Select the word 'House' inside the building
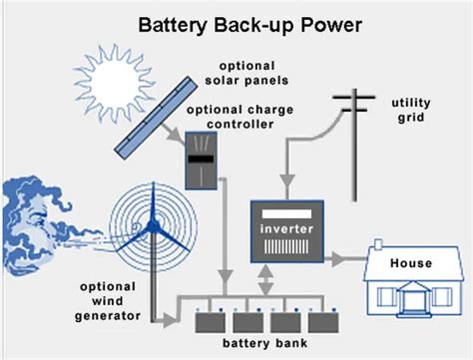[x=410, y=263]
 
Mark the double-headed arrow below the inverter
[x=264, y=273]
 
